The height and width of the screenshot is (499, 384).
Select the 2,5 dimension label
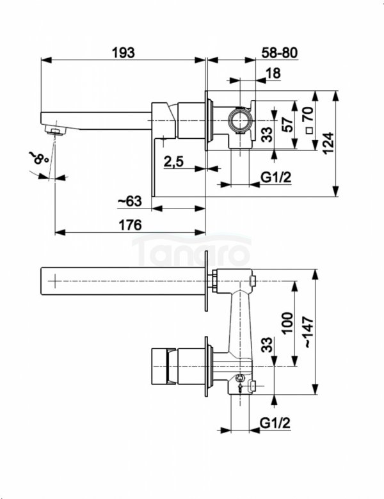click(173, 162)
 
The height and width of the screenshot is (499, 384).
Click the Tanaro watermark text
click(192, 251)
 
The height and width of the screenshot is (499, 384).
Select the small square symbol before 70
click(308, 130)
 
